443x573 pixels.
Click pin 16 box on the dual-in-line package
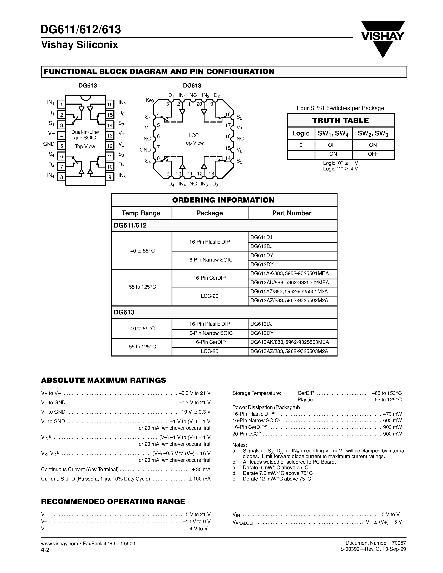click(110, 104)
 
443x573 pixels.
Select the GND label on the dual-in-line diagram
click(49, 144)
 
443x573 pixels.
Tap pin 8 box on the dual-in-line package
click(61, 177)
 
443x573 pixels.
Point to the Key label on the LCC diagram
click(150, 100)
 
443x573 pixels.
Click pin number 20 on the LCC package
click(199, 104)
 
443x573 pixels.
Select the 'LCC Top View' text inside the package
click(193, 139)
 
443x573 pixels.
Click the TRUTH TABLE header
click(340, 120)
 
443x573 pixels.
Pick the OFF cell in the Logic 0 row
click(333, 145)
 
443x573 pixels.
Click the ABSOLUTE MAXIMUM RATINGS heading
click(103, 380)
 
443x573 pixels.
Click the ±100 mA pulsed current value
click(200, 479)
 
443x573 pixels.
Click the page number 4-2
click(45, 550)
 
